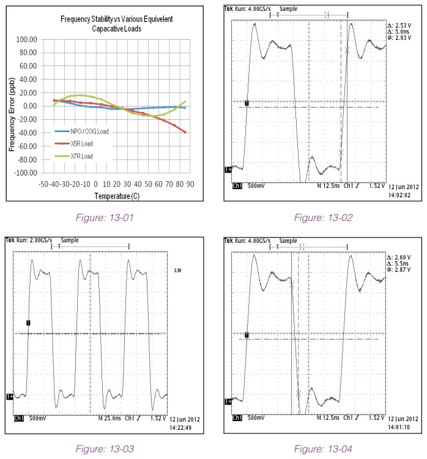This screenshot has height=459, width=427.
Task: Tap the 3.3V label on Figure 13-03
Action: point(178,267)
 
